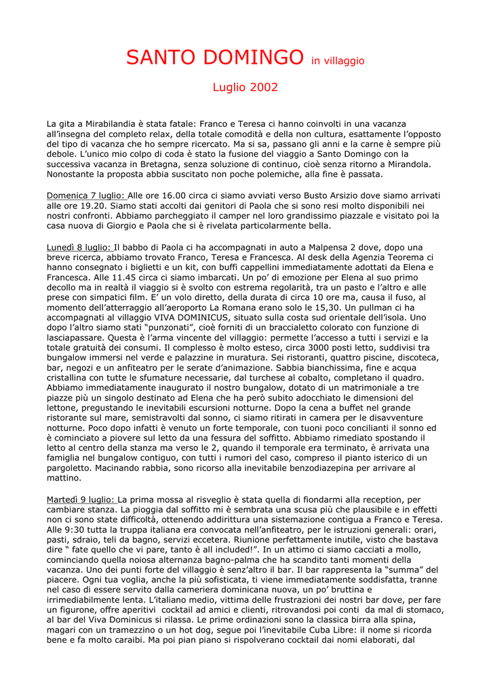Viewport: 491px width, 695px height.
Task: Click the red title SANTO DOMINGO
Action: point(214,57)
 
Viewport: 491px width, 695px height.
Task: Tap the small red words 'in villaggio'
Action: point(338,61)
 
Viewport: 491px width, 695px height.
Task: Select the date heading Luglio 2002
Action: point(245,88)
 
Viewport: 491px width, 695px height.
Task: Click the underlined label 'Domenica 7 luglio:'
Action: point(86,195)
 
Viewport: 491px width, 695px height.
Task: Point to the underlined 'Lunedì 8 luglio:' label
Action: point(79,248)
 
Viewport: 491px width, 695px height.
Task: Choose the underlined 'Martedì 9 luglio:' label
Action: point(81,500)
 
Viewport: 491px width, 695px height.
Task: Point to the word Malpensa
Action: point(336,248)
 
